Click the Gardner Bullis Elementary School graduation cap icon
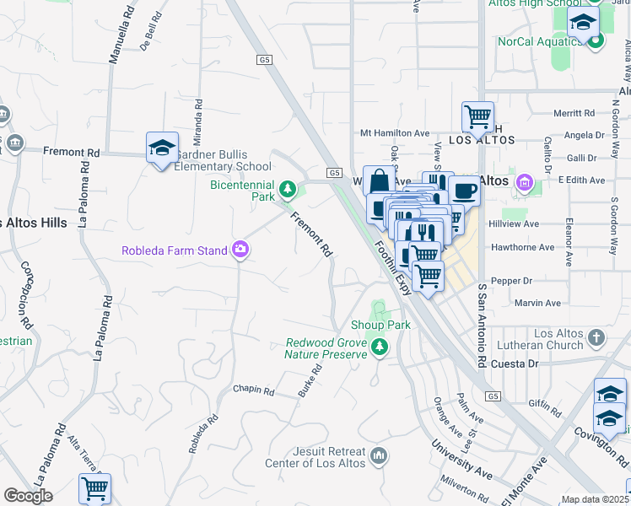click(x=161, y=148)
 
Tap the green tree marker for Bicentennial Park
click(x=289, y=187)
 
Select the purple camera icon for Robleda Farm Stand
click(x=241, y=249)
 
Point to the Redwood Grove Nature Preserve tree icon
click(x=380, y=347)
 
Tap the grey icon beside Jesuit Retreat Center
click(x=380, y=457)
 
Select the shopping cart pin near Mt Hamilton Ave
click(x=477, y=116)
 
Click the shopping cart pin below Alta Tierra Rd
click(x=94, y=488)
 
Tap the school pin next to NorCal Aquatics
click(x=582, y=24)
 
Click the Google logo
click(x=28, y=496)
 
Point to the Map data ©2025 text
click(x=594, y=499)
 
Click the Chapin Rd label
click(x=254, y=391)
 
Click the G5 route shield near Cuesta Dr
click(x=493, y=396)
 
